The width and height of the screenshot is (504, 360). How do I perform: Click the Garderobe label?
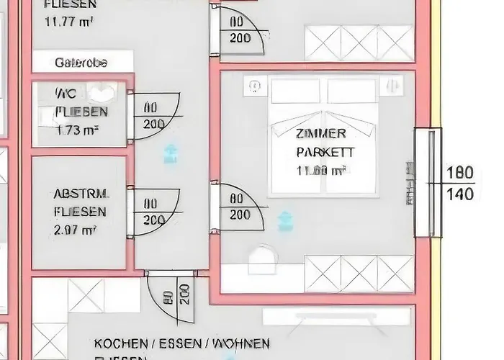point(81,63)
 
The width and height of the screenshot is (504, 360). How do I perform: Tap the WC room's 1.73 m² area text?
point(77,130)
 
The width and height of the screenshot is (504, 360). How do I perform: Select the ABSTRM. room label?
point(81,194)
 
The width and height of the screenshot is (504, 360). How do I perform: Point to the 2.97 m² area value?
point(76,230)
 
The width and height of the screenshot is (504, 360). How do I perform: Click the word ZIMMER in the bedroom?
point(321,134)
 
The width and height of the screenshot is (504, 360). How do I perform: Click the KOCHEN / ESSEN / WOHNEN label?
point(182,343)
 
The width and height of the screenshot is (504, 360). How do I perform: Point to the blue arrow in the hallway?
point(171,152)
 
